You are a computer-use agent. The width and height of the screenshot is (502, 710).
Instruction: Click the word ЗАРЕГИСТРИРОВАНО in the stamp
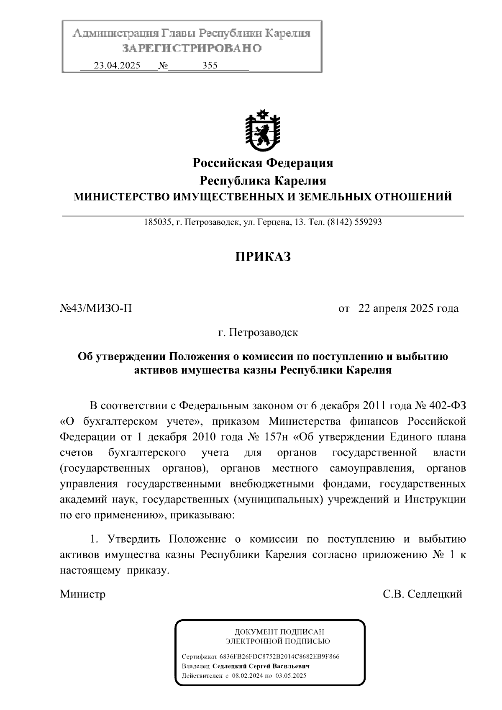pos(192,49)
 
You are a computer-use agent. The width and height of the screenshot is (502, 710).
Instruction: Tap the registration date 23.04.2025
pos(117,66)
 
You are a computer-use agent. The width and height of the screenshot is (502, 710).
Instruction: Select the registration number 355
pos(210,66)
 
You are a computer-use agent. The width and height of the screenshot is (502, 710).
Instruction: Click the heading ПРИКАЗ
pos(262,256)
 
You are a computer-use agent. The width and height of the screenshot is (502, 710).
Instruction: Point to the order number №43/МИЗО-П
pos(96,309)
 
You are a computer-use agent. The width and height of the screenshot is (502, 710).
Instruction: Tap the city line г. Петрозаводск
pos(258,333)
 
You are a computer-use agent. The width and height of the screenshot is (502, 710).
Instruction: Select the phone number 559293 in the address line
pos(368,222)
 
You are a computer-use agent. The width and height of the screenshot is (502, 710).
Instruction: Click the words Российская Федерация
pos(262,162)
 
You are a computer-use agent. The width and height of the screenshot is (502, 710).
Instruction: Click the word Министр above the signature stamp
pos(82,594)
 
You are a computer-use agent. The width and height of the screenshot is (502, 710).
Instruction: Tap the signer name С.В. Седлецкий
pos(423,594)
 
